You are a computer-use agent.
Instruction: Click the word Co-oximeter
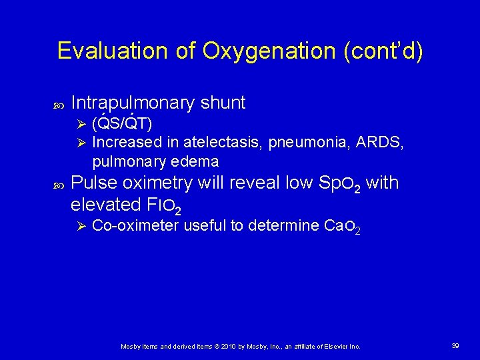point(135,226)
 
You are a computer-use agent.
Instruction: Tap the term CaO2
point(341,227)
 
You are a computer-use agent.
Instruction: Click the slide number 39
point(455,346)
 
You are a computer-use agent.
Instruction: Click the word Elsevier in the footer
point(335,347)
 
